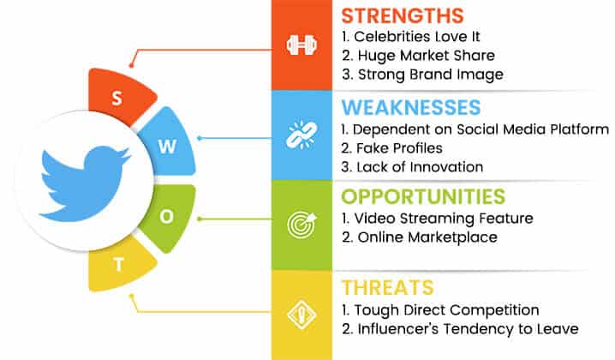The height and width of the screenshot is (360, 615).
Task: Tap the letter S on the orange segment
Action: [x=116, y=98]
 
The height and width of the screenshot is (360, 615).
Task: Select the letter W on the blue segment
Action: [x=167, y=147]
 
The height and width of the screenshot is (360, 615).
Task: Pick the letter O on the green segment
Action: [x=167, y=216]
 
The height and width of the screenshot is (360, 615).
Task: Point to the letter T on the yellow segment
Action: [x=118, y=265]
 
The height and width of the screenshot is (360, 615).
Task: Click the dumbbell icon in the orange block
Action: [x=302, y=45]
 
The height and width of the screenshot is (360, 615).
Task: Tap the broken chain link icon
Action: [x=302, y=135]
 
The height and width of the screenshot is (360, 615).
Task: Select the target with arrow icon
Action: [x=302, y=225]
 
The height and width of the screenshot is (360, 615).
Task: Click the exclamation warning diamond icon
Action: [x=302, y=315]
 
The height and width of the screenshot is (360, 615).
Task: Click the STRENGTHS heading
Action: [x=403, y=16]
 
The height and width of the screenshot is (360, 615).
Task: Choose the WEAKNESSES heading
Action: [x=410, y=107]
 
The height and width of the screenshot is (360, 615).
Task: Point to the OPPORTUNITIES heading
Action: [x=423, y=196]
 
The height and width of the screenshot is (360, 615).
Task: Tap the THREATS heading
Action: [x=388, y=287]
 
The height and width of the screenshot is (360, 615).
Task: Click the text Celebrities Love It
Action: [x=416, y=37]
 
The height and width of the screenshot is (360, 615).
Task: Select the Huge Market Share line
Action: [x=426, y=56]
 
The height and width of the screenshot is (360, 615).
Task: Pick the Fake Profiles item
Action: [x=399, y=148]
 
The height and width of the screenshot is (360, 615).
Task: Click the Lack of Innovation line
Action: [x=420, y=167]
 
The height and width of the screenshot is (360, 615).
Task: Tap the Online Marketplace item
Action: [x=427, y=237]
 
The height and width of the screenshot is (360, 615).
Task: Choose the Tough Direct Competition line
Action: [x=446, y=310]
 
